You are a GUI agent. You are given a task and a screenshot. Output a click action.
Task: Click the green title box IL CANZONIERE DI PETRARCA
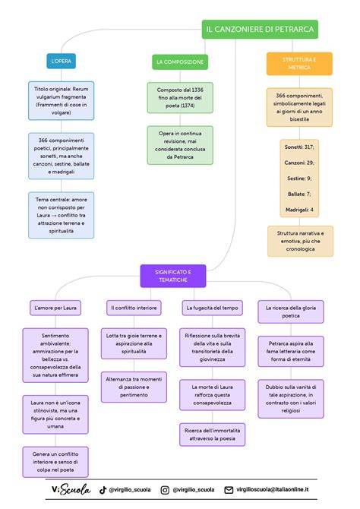[260, 29]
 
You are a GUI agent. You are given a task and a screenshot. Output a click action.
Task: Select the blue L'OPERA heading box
[61, 61]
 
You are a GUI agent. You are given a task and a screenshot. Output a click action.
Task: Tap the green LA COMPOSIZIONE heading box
[180, 62]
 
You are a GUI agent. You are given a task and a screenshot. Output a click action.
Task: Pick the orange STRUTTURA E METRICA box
[299, 64]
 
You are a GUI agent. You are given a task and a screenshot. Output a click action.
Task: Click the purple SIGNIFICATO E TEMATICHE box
[173, 276]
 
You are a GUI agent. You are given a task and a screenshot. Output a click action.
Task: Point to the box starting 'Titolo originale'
[61, 100]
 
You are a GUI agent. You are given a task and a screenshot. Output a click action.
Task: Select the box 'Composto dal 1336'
[180, 98]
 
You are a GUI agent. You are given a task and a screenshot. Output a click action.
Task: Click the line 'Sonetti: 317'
[299, 147]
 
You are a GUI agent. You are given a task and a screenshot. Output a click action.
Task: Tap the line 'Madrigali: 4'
[299, 210]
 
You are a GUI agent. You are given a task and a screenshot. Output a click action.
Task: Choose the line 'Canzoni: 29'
[299, 163]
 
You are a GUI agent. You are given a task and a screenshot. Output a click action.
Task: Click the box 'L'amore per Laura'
[55, 308]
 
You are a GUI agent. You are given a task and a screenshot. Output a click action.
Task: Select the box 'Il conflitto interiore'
[134, 308]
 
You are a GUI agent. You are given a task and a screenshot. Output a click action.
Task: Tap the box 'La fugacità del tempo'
[213, 308]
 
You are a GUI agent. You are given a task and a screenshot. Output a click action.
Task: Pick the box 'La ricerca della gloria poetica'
[291, 311]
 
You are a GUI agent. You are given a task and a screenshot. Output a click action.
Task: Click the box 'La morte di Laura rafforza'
[213, 395]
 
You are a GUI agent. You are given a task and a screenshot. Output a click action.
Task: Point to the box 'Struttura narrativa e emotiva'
[300, 241]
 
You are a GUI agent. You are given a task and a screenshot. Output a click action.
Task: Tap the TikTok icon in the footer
[103, 490]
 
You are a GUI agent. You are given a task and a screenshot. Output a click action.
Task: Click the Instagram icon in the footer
[165, 490]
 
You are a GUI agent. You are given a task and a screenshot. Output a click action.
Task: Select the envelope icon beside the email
[229, 490]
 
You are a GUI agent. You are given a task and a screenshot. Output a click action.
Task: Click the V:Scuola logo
[71, 489]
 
